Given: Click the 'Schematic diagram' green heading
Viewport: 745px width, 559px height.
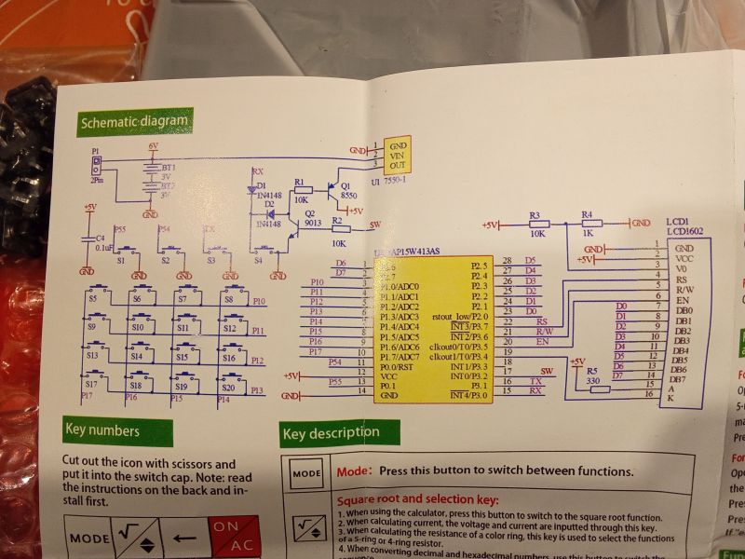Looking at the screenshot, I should [x=134, y=121].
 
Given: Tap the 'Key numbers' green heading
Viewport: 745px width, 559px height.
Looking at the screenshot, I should [x=102, y=430].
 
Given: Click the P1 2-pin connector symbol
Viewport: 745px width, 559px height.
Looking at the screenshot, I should [x=96, y=165].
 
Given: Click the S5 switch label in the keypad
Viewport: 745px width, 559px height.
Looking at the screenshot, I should [x=93, y=299].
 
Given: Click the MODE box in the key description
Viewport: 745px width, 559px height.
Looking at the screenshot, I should [x=306, y=472].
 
